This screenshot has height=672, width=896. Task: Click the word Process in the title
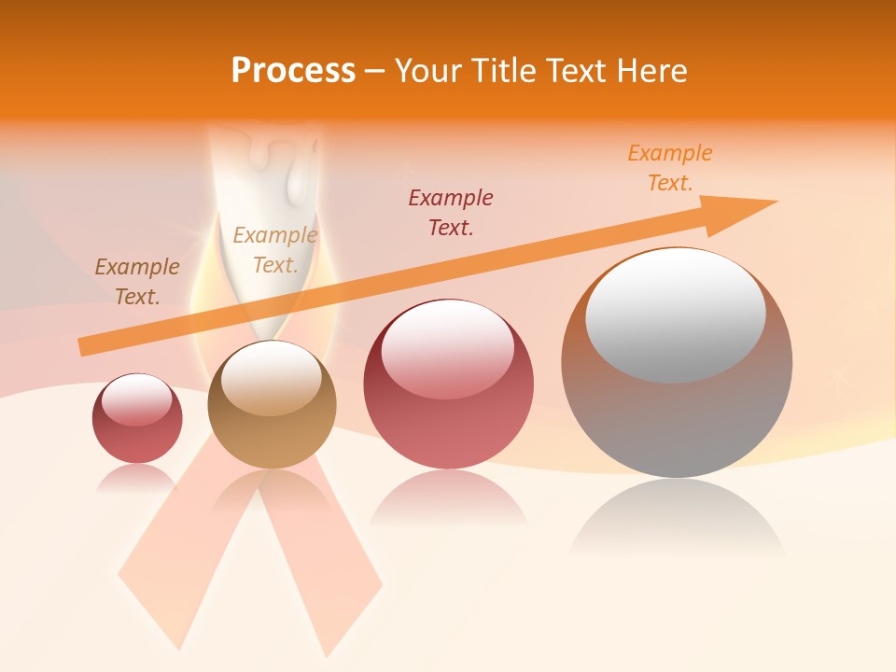point(293,71)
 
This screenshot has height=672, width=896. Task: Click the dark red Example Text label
point(451,212)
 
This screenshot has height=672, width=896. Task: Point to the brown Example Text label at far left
point(136,281)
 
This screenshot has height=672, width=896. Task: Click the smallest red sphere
point(137,418)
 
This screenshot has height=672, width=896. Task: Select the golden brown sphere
point(272,404)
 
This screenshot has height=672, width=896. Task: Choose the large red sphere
point(449,384)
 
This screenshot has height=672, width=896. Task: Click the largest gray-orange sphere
point(677,411)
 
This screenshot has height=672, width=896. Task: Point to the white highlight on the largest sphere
point(676,315)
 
